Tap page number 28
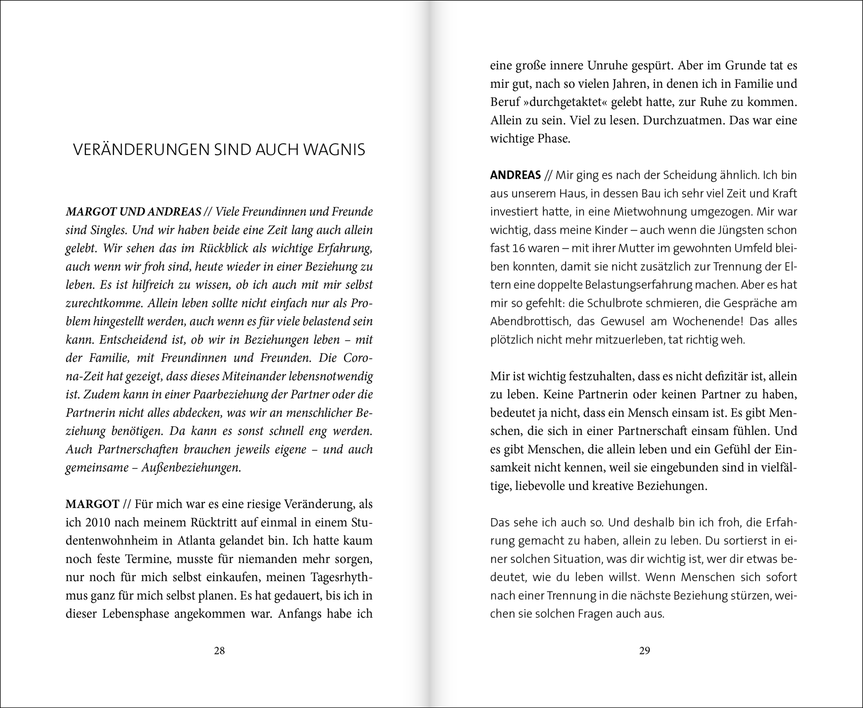click(219, 651)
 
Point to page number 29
click(644, 651)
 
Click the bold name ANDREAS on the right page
click(515, 175)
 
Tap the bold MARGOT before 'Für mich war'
click(92, 504)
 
